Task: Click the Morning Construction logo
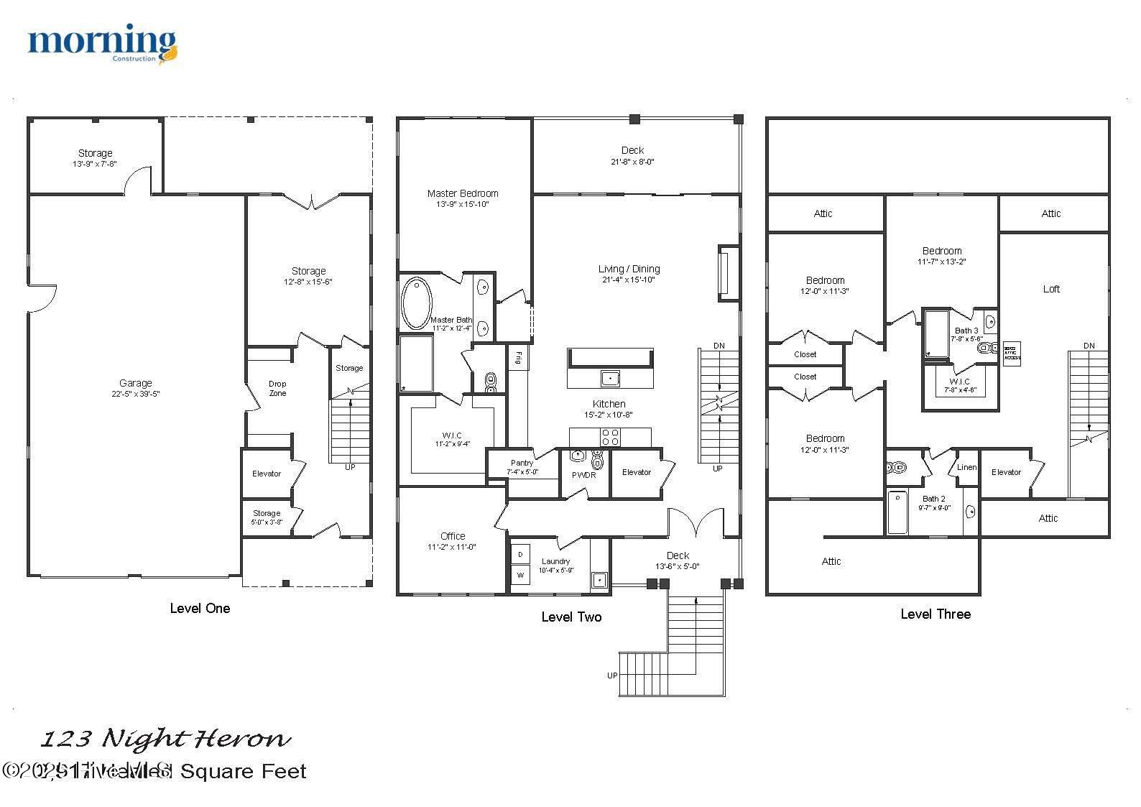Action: (102, 44)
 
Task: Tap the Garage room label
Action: (135, 383)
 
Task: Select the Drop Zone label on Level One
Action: (277, 388)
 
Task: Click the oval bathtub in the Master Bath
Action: (416, 303)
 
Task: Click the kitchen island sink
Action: (610, 377)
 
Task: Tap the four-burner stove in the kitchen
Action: (610, 436)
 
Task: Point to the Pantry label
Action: (522, 463)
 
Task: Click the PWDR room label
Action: (583, 475)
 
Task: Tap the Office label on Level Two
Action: (453, 536)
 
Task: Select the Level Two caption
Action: (571, 617)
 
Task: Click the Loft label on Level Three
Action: (1051, 289)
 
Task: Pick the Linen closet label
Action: (966, 467)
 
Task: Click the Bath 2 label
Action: (933, 498)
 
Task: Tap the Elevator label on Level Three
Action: (1006, 472)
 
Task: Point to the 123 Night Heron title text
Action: (166, 739)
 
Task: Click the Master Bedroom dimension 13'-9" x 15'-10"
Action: (462, 204)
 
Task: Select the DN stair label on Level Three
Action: (1089, 346)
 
